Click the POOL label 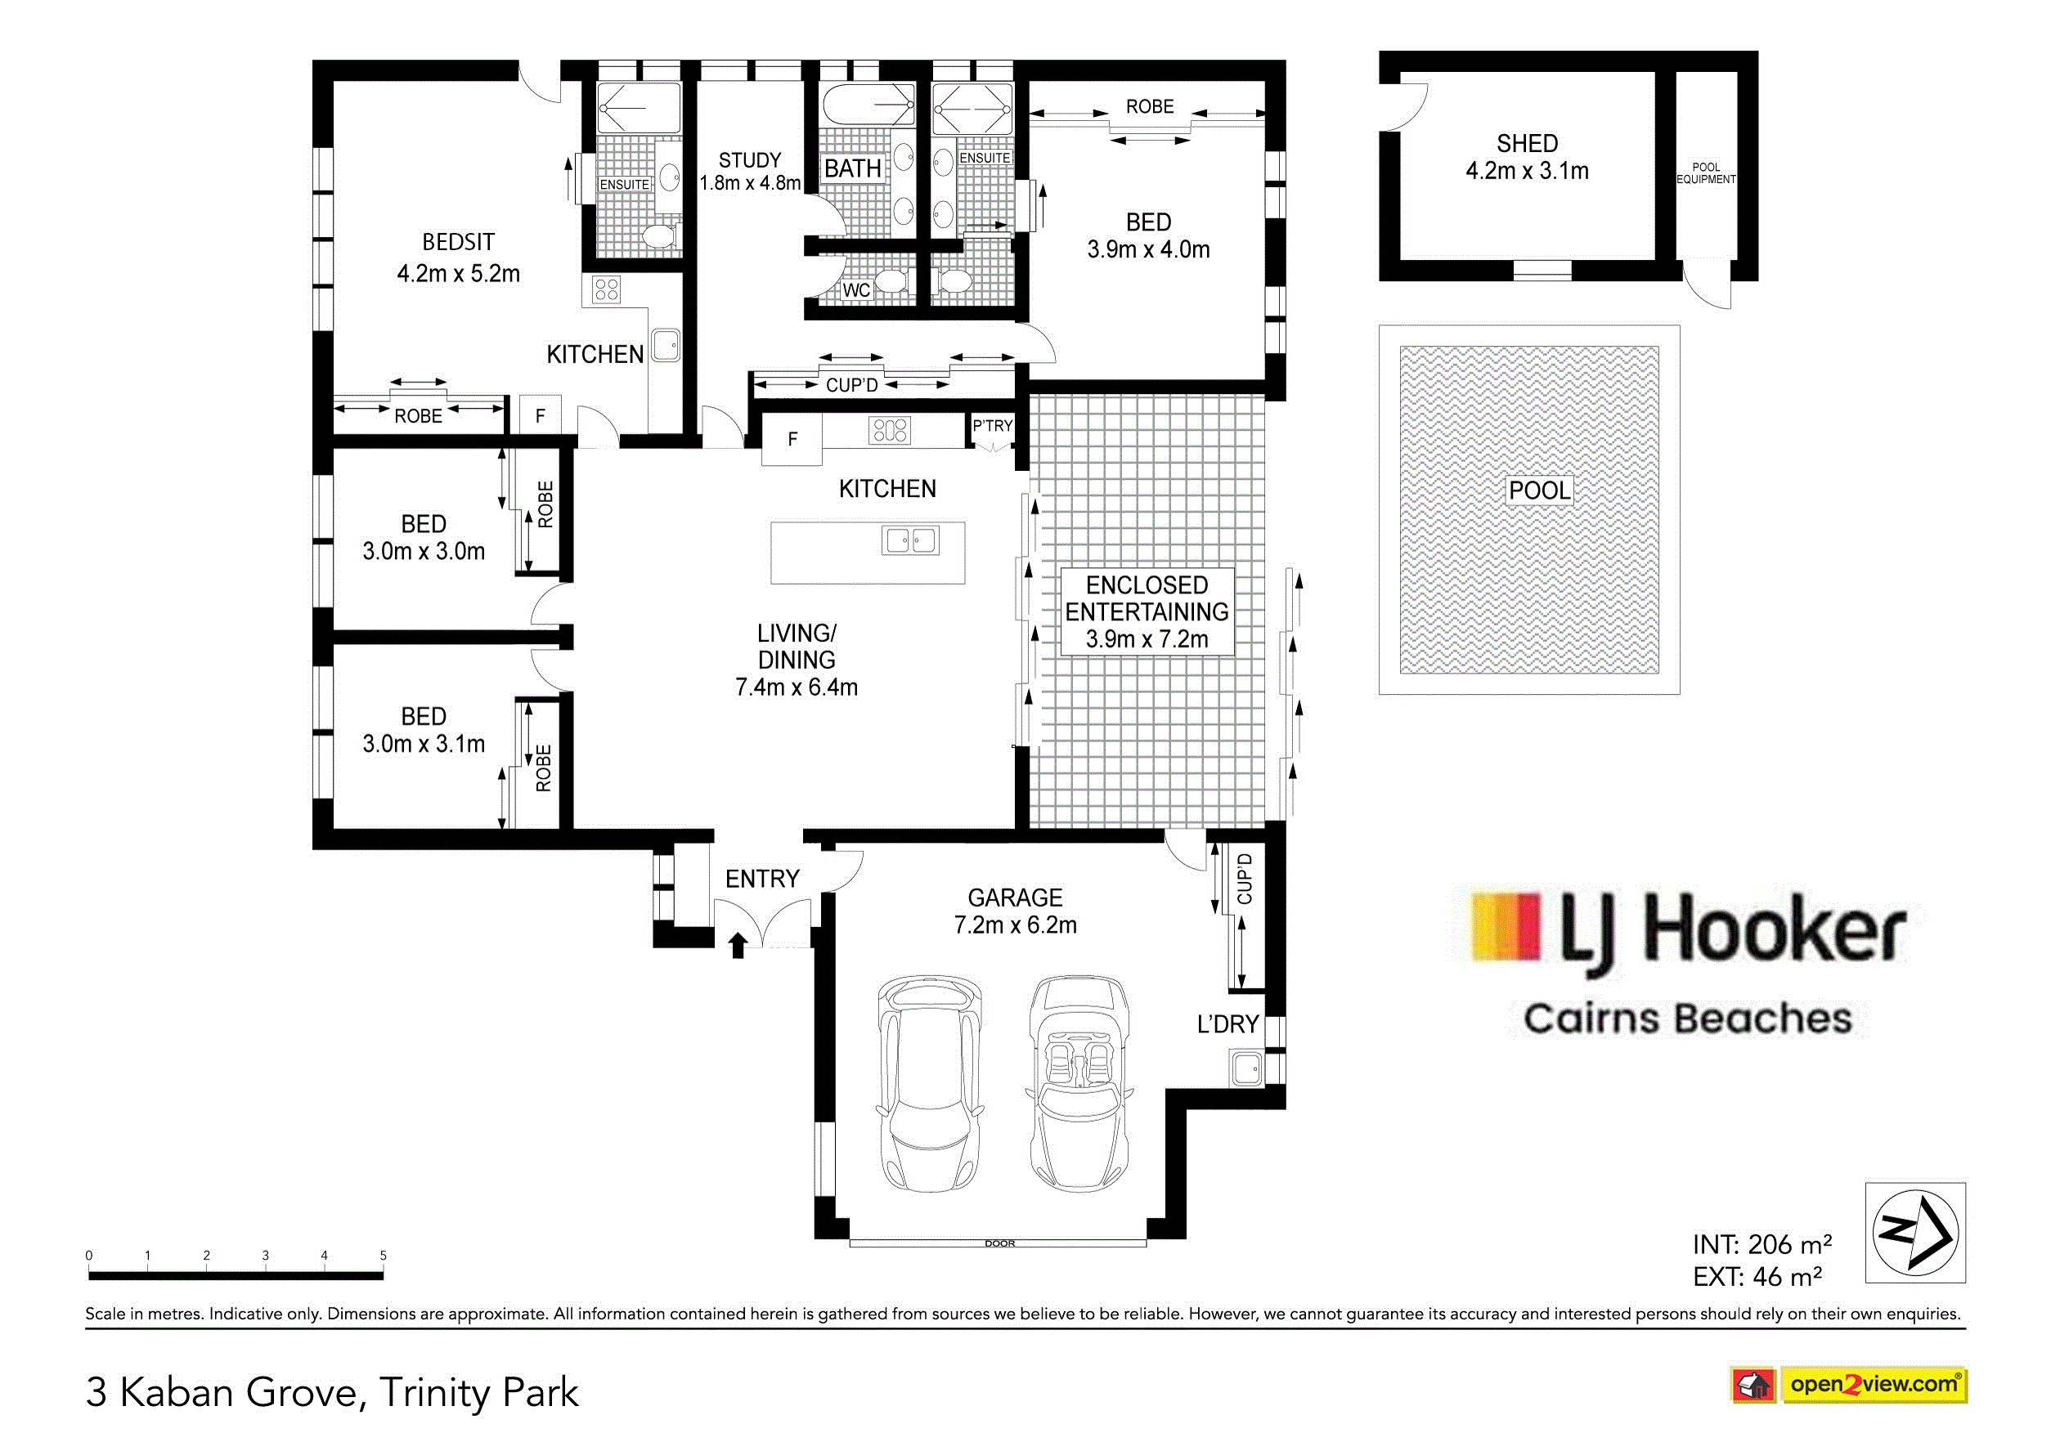click(1539, 490)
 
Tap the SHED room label click(1528, 144)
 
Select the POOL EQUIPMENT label click(1706, 173)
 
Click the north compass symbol click(1915, 1233)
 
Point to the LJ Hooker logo click(1688, 964)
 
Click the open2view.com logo click(1850, 1385)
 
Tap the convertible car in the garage click(1079, 1084)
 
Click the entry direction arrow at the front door click(738, 945)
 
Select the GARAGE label click(1015, 898)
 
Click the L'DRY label click(1228, 1024)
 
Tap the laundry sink click(1248, 1068)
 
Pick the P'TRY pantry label click(992, 425)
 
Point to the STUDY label click(750, 161)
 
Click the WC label click(856, 290)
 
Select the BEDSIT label click(459, 242)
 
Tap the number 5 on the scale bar click(384, 1256)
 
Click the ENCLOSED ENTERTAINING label click(1147, 598)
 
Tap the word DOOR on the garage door click(999, 1243)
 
